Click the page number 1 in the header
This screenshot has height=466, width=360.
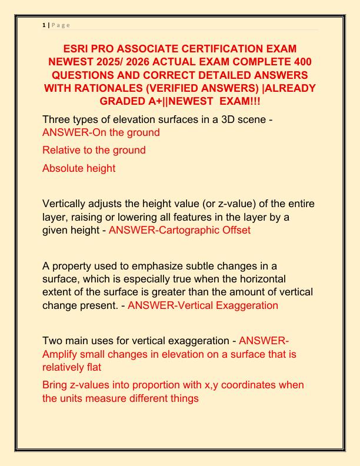[44, 25]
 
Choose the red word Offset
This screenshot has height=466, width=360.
[235, 230]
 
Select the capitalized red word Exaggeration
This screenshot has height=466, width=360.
[247, 305]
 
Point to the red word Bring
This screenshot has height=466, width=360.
[56, 385]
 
